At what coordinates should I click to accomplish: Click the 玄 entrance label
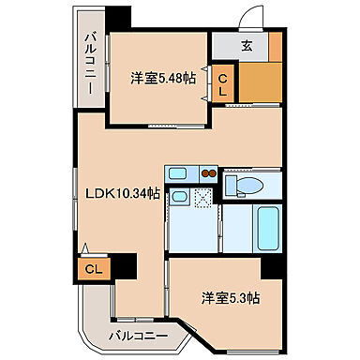(x=247, y=44)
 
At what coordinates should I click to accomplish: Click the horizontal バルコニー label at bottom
(x=137, y=335)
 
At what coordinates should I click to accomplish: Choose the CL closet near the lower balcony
(x=92, y=269)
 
